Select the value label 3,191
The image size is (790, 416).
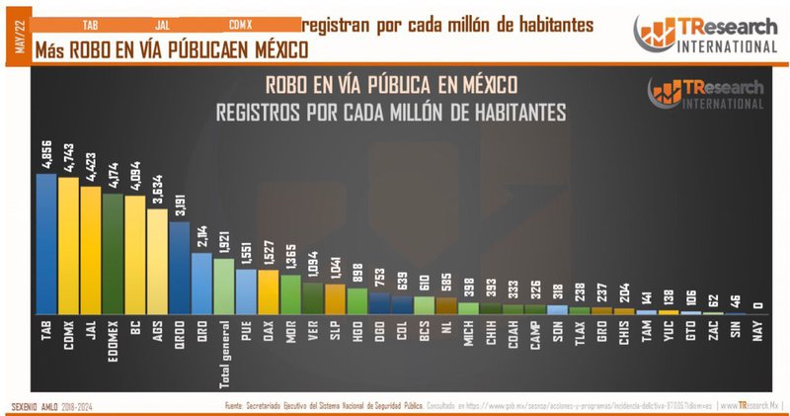pyautogui.click(x=179, y=205)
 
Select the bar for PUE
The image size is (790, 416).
pyautogui.click(x=247, y=291)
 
